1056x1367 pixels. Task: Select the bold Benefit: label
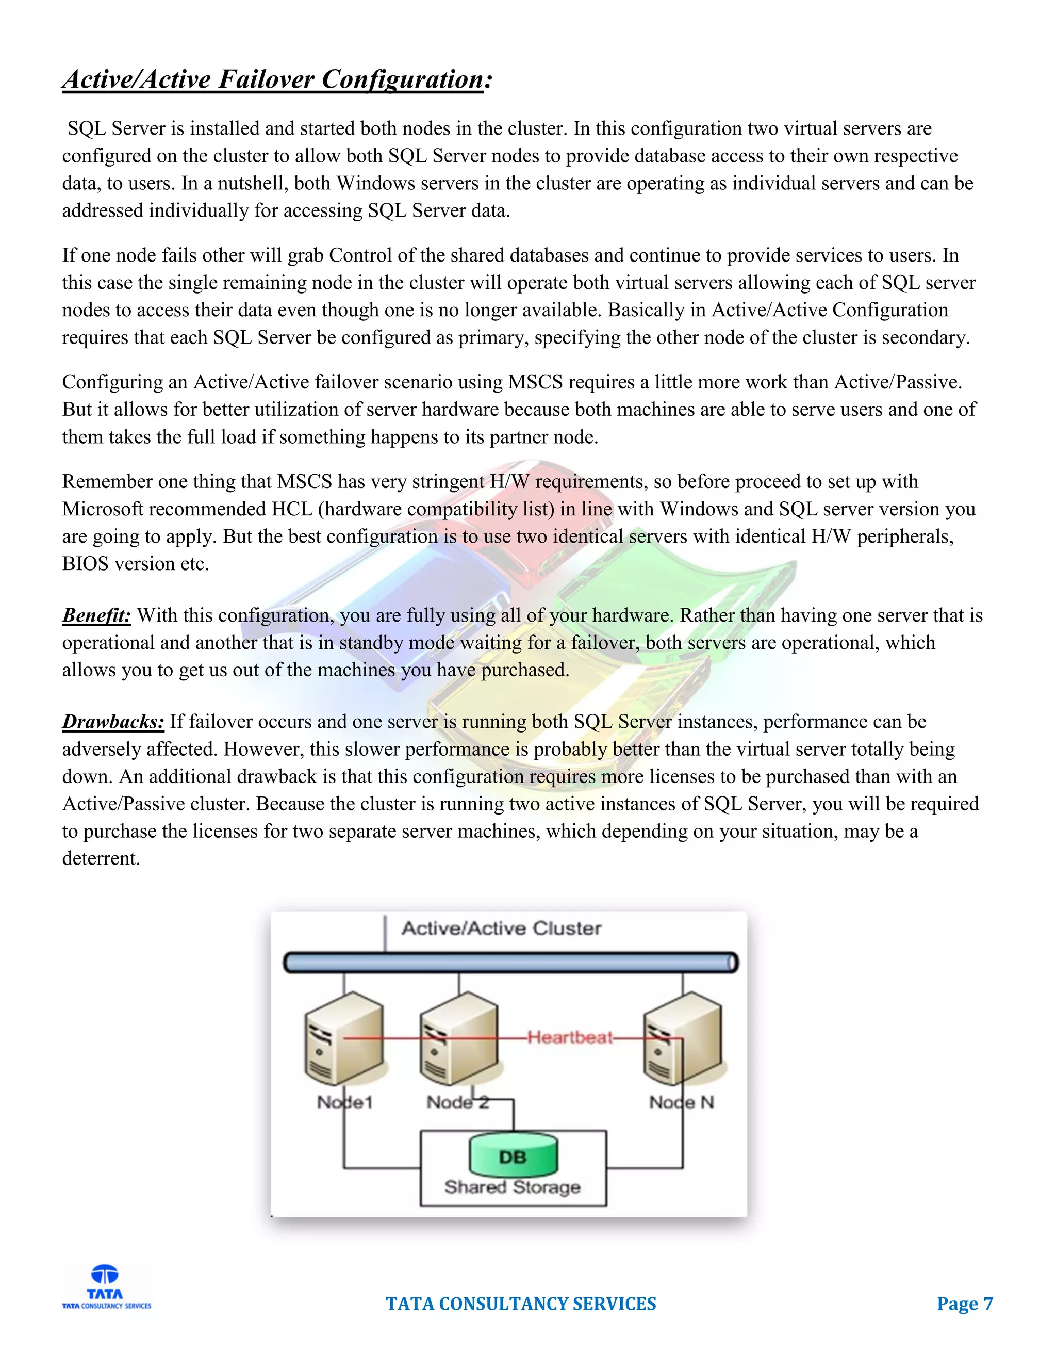pos(96,615)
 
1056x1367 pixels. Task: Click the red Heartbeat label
pos(570,1037)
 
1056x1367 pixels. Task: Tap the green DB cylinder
pos(513,1156)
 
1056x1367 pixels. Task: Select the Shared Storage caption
pos(513,1187)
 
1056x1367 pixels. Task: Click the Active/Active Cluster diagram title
pos(501,928)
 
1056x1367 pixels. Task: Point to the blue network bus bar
pos(511,963)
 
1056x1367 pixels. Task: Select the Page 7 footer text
pos(964,1304)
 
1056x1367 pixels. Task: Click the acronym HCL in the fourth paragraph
pos(291,509)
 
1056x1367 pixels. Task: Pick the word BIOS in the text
pos(85,564)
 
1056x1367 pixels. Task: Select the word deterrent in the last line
pos(100,858)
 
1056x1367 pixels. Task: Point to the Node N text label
pos(681,1102)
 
